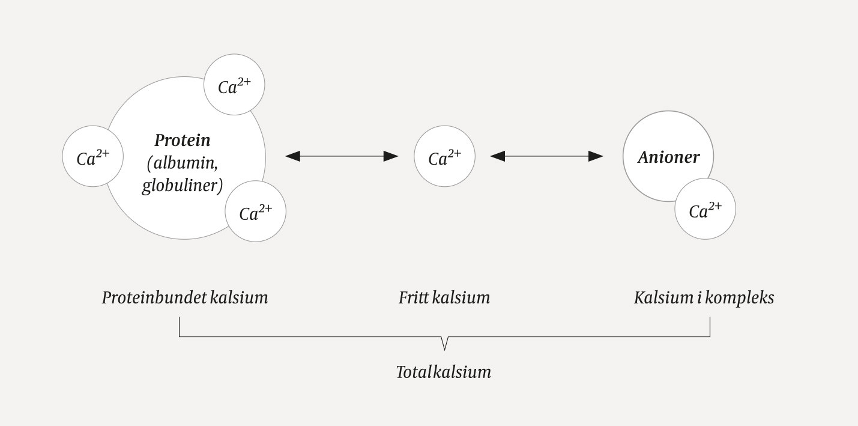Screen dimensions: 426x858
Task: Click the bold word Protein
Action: coord(183,140)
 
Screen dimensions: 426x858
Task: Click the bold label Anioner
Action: coord(668,157)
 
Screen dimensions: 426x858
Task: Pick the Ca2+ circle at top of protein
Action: coord(234,85)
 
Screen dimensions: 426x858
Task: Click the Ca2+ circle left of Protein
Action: coord(93,156)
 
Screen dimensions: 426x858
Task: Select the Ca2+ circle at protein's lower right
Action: coord(256,211)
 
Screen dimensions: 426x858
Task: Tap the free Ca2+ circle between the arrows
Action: coord(444,156)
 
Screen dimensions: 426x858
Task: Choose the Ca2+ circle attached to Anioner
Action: coord(705,209)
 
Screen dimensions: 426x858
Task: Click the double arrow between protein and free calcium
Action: coord(342,156)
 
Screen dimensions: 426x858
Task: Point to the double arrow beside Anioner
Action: coord(547,156)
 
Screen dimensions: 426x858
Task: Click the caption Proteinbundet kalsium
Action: coord(185,297)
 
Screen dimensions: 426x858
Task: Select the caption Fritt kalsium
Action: coord(444,297)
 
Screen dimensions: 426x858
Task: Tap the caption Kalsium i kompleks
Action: coord(704,297)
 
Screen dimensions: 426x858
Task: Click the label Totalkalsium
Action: coord(444,372)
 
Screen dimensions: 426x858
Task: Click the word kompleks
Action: coord(741,298)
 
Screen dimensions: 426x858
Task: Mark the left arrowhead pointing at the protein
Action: coord(292,156)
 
